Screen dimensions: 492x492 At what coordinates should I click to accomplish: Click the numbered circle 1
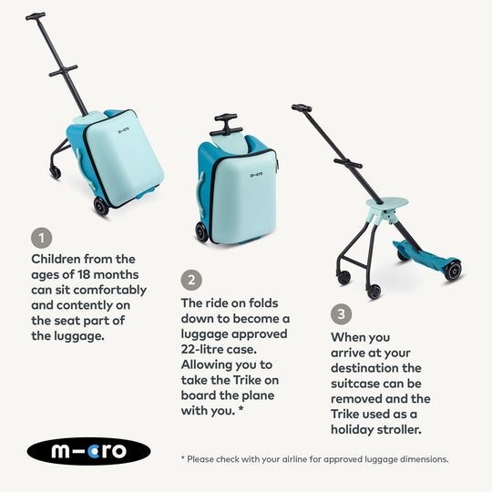click(41, 238)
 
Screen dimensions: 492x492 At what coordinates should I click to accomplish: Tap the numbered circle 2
click(191, 280)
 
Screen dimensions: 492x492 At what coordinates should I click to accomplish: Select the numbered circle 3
click(341, 314)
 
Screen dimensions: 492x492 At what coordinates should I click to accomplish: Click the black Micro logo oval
click(89, 451)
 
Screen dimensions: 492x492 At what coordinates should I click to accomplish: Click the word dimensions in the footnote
click(418, 459)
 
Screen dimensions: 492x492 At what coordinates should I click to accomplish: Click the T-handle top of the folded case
click(226, 118)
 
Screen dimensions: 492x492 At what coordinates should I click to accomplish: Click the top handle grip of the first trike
click(36, 15)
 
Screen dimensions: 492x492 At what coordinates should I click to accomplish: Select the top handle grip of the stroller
click(302, 108)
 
